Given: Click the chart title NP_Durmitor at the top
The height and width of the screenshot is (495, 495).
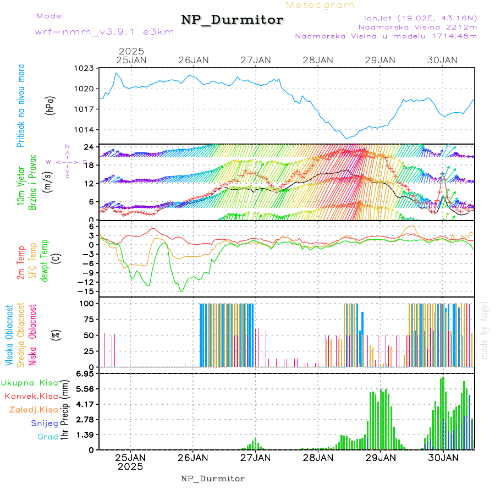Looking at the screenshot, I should pyautogui.click(x=232, y=20).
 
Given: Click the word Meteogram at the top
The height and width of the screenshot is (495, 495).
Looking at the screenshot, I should pyautogui.click(x=321, y=5).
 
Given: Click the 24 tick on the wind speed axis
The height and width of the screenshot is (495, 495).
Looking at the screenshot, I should pyautogui.click(x=89, y=147).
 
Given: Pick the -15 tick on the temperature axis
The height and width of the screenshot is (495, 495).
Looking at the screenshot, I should pyautogui.click(x=87, y=291).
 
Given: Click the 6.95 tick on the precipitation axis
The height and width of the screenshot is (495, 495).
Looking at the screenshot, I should pyautogui.click(x=85, y=373).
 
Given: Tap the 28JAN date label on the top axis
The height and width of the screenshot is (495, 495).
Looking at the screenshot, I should pyautogui.click(x=318, y=59).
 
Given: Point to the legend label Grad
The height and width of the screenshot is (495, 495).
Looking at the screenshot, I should pyautogui.click(x=47, y=437).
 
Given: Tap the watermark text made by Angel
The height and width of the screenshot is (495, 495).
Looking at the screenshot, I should pyautogui.click(x=485, y=330).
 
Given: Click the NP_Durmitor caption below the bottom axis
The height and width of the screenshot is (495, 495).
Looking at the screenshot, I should pyautogui.click(x=213, y=479).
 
